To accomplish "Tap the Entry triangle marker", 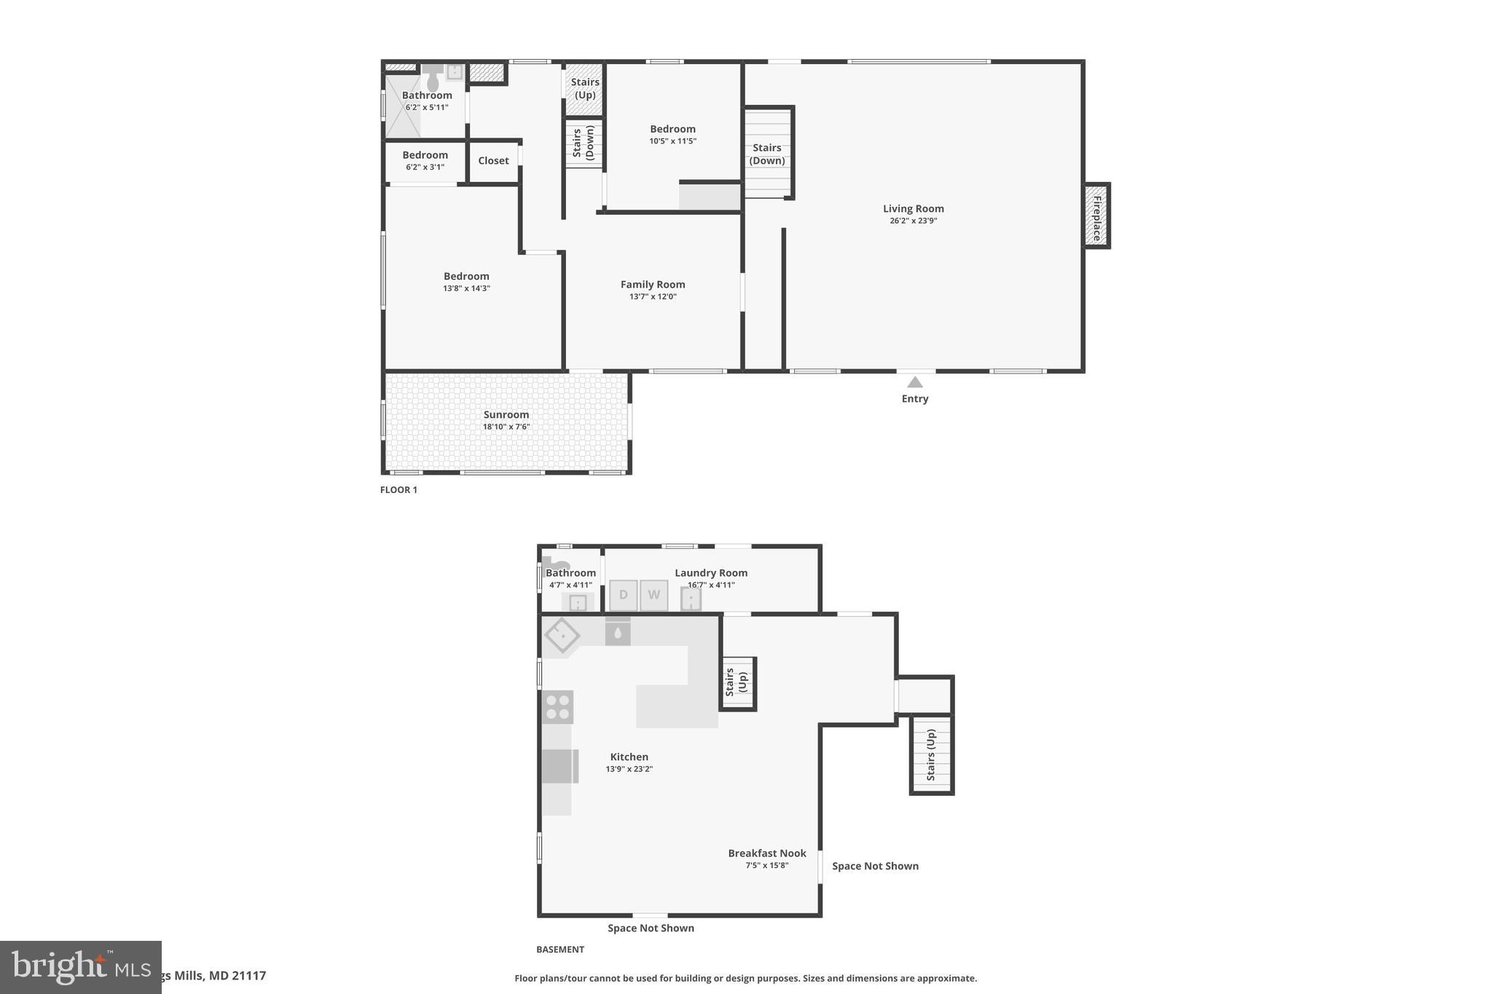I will coord(915,382).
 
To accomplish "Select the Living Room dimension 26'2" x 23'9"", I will coord(913,221).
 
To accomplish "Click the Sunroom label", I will coord(506,414).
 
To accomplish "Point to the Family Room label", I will coord(653,285).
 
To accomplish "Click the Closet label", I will coord(493,161).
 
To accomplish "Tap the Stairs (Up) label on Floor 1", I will coord(585,88).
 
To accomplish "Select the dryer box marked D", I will coord(623,595).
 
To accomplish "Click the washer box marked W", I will coord(653,595).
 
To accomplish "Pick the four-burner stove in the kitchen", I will coord(558,707).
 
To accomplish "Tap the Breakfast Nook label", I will coord(767,853).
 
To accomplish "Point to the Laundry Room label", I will coord(711,573).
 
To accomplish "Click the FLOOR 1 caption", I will coord(398,490).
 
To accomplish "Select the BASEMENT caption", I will coord(560,950).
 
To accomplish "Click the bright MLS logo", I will coord(80,967).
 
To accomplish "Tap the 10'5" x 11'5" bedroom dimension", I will coord(672,141).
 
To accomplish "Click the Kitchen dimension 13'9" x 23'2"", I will coord(629,769).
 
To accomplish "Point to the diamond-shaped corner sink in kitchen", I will coord(562,636).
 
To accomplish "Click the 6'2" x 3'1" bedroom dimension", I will coord(425,167).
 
